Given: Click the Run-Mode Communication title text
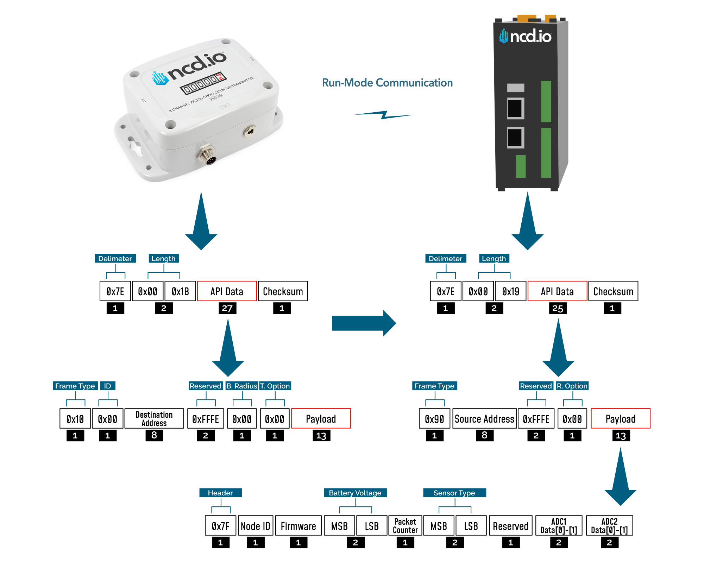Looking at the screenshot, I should pyautogui.click(x=387, y=83).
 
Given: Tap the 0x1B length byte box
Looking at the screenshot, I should pyautogui.click(x=180, y=291).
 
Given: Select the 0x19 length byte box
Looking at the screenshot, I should pyautogui.click(x=510, y=291).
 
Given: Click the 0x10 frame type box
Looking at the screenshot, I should pyautogui.click(x=75, y=419).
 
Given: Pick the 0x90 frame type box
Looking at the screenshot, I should pyautogui.click(x=434, y=419).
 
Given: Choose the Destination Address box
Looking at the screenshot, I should pyautogui.click(x=154, y=419).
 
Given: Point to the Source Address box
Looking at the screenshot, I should pyautogui.click(x=484, y=419).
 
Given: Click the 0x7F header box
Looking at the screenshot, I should pyautogui.click(x=221, y=526).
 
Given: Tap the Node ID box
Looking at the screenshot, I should pyautogui.click(x=256, y=526).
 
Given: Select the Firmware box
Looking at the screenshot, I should pyautogui.click(x=298, y=526).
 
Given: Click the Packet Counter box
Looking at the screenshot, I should pyautogui.click(x=405, y=526).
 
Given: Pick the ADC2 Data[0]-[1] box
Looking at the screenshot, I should pyautogui.click(x=609, y=526).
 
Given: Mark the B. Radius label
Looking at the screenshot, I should pyautogui.click(x=242, y=386).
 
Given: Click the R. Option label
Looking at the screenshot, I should pyautogui.click(x=572, y=386).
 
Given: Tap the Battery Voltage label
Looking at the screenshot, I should pyautogui.click(x=355, y=493).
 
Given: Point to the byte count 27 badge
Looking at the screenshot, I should pyautogui.click(x=227, y=309).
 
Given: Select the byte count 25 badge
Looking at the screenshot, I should pyautogui.click(x=558, y=309).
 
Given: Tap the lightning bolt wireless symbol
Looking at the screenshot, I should pyautogui.click(x=384, y=115).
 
